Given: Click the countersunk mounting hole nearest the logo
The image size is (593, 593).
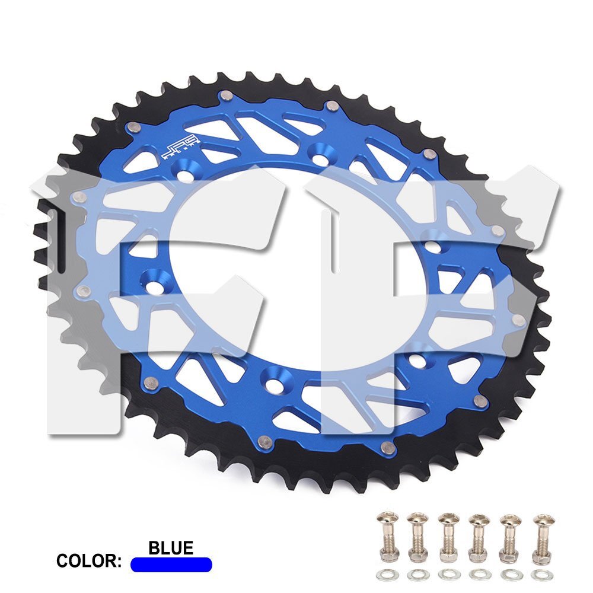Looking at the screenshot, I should click(186, 175).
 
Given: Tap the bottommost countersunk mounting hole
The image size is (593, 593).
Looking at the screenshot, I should click(273, 379).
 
